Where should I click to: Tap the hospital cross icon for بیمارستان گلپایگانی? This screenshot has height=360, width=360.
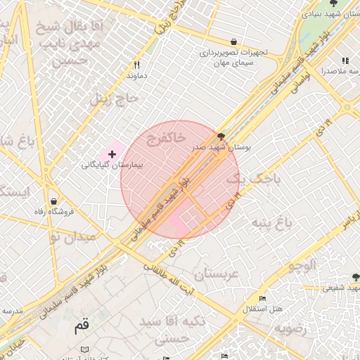[x=112, y=153]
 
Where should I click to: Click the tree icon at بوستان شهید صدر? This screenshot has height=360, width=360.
[x=222, y=136]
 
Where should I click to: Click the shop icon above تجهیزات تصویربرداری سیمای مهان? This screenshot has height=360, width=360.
[x=233, y=41]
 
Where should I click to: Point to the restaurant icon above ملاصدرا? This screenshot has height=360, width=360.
[x=345, y=61]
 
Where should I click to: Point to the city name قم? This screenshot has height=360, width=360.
[x=82, y=326]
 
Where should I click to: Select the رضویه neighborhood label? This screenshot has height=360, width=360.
[x=290, y=328]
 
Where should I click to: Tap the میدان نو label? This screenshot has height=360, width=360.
[x=73, y=238]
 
